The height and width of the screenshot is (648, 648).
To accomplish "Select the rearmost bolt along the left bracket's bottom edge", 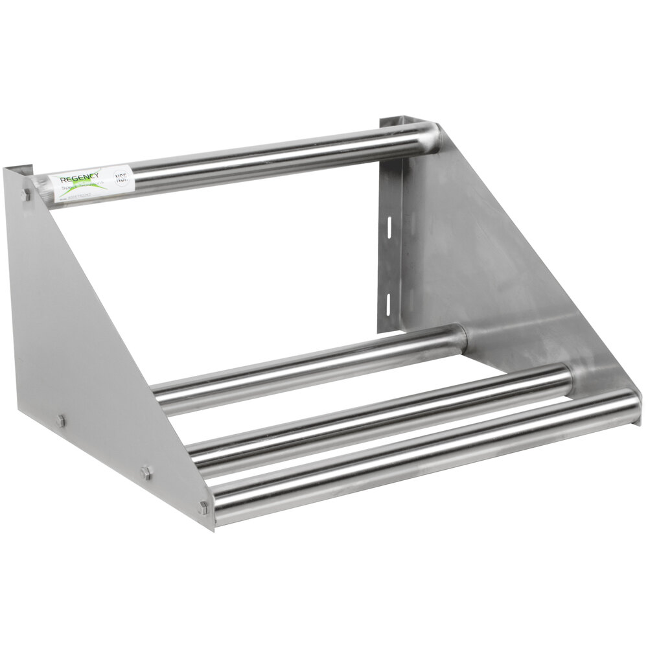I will (x=60, y=421).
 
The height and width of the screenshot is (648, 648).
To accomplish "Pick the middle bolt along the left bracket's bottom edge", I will (x=145, y=473).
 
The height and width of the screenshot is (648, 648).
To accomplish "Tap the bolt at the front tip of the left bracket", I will (x=203, y=507).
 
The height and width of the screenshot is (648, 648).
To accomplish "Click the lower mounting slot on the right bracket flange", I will (x=388, y=301).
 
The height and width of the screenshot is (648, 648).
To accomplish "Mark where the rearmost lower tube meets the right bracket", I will (x=461, y=336).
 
